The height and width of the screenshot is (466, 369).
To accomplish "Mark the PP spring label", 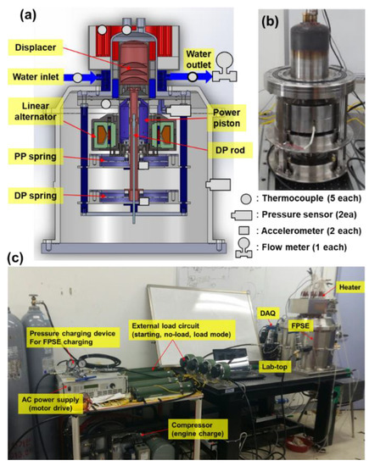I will pos(35,164).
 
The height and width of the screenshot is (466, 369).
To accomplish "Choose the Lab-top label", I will pos(275,364).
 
